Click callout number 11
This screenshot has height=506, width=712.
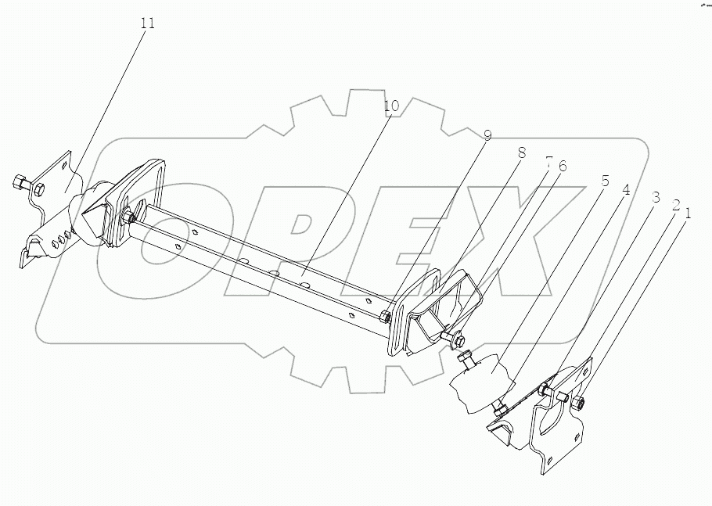pyautogui.click(x=147, y=23)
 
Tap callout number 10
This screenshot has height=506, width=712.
pyautogui.click(x=391, y=106)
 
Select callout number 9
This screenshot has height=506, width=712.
pyautogui.click(x=487, y=136)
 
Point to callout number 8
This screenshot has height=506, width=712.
pyautogui.click(x=521, y=154)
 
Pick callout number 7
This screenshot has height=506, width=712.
pyautogui.click(x=548, y=163)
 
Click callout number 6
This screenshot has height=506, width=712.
pyautogui.click(x=562, y=166)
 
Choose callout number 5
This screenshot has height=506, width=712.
pyautogui.click(x=604, y=179)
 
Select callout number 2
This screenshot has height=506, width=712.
pyautogui.click(x=674, y=206)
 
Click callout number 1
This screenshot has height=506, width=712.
pyautogui.click(x=689, y=211)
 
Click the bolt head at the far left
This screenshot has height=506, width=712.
pyautogui.click(x=20, y=185)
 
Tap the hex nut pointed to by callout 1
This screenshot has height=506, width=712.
pyautogui.click(x=578, y=404)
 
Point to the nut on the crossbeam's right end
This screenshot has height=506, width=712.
pyautogui.click(x=385, y=318)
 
